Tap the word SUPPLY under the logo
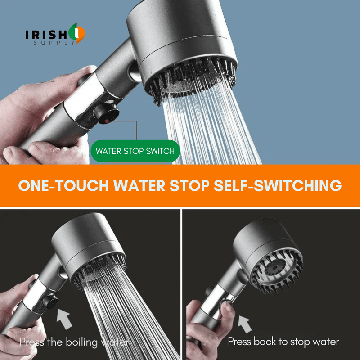click(x=53, y=43)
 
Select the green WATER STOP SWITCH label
click(x=135, y=151)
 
